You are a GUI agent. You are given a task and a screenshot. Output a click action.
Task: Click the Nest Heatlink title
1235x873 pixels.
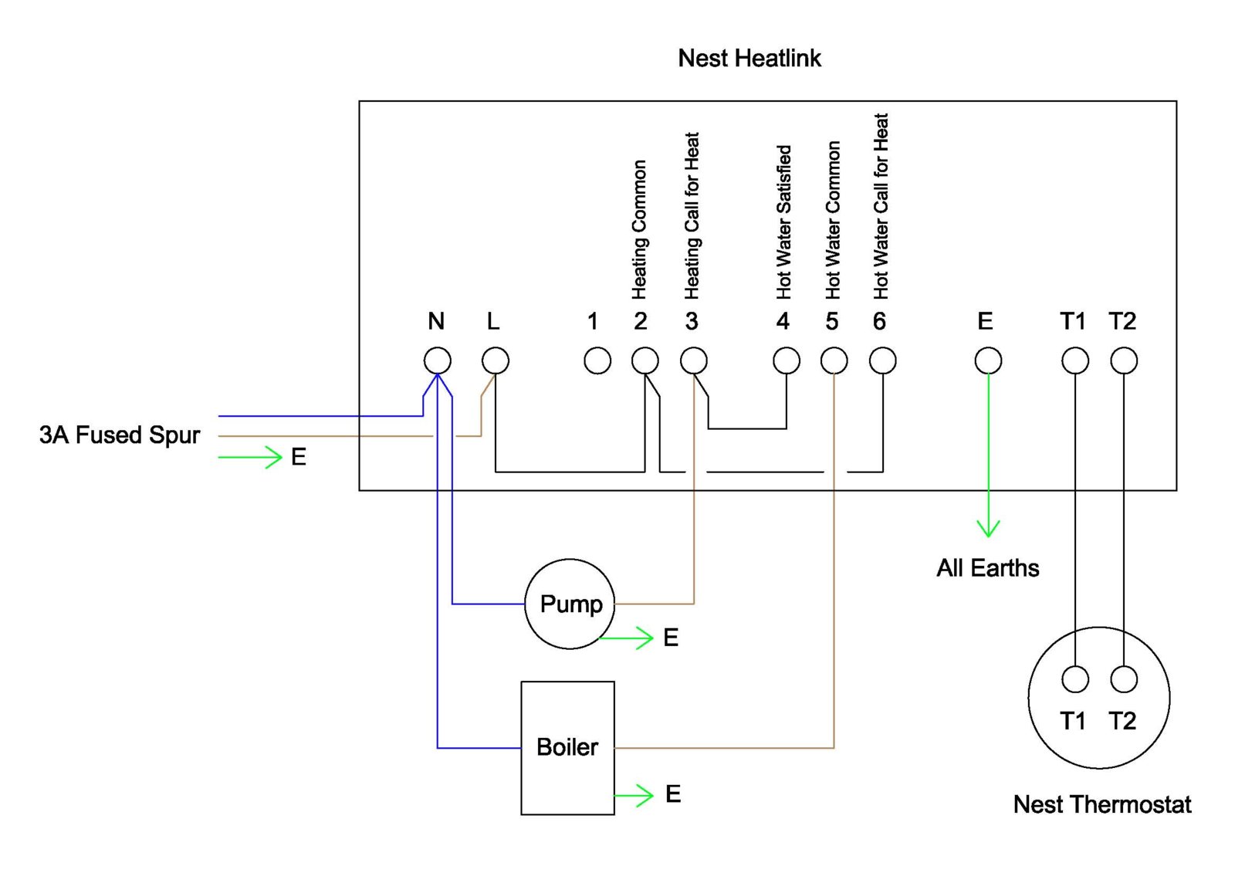(749, 58)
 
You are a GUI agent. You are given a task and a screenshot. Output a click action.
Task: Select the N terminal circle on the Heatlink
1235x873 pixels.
(438, 360)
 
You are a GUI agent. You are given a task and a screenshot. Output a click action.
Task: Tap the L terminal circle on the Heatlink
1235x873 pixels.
(496, 360)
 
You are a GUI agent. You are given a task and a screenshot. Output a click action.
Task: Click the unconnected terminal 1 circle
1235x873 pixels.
(597, 360)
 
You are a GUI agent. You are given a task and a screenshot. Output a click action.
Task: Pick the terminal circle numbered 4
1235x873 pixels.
(787, 360)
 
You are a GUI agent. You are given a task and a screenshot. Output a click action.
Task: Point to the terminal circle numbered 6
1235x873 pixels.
(882, 360)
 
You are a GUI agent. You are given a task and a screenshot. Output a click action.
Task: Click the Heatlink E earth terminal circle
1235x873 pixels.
(988, 360)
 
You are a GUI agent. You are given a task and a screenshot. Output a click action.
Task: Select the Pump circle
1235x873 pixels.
(570, 604)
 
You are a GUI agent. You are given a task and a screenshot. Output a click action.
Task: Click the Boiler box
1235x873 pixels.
(567, 747)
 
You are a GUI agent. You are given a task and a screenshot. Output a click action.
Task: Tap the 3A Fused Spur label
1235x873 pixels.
(120, 435)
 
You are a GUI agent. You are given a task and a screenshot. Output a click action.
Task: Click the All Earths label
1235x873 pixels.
(987, 568)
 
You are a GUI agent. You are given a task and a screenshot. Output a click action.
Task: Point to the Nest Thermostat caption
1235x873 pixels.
(1101, 804)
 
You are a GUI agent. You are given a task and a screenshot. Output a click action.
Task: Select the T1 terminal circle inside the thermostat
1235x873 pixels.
(1075, 679)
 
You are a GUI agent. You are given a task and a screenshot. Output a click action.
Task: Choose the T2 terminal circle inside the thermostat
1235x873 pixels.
(1124, 679)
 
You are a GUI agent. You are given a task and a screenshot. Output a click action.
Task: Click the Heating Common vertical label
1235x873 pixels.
(639, 229)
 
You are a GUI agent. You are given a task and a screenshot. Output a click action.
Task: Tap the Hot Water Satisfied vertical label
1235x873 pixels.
(783, 222)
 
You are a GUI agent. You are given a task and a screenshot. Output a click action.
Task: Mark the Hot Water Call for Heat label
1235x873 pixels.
(881, 207)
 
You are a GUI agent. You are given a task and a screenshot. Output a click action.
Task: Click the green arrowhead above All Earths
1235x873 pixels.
(988, 529)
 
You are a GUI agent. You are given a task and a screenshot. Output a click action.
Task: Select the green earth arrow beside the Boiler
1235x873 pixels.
(635, 795)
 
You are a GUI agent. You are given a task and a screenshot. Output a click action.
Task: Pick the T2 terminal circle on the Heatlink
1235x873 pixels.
(1124, 360)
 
